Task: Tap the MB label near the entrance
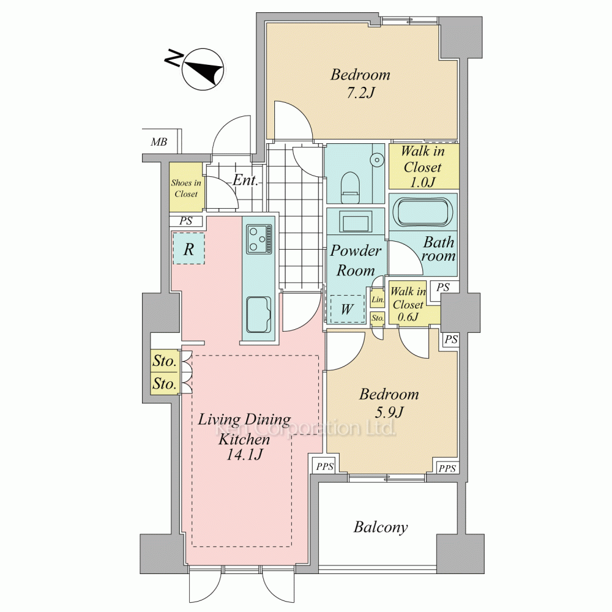click(159, 142)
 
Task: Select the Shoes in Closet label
click(186, 188)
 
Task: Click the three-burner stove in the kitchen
click(258, 239)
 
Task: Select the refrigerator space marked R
click(189, 248)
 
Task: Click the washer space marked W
click(347, 309)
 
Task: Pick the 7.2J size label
click(360, 93)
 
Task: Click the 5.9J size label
click(389, 412)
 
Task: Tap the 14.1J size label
click(244, 455)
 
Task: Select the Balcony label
click(381, 527)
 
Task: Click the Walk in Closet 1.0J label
click(423, 166)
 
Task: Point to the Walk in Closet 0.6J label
click(408, 304)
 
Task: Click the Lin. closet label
click(378, 300)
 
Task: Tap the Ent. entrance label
click(245, 181)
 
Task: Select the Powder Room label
click(356, 260)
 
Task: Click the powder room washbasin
click(356, 222)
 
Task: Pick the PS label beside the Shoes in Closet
click(186, 221)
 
